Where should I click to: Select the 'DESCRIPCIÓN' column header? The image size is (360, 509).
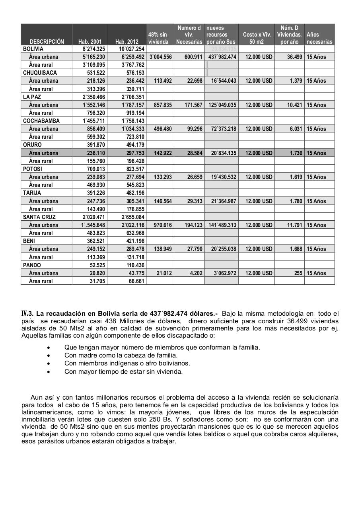[x=47, y=41]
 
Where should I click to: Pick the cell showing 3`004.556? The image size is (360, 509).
[x=160, y=57]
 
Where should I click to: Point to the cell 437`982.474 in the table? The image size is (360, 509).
[x=222, y=57]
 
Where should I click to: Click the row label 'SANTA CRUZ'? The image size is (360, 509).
[x=39, y=217]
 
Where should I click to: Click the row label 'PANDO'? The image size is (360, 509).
[x=32, y=265]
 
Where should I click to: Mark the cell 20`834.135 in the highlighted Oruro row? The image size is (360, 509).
[x=222, y=153]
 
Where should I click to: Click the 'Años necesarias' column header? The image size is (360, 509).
[x=319, y=38]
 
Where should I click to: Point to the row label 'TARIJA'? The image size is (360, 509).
[x=32, y=193]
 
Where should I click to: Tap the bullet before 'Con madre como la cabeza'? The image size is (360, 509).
[x=49, y=356]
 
